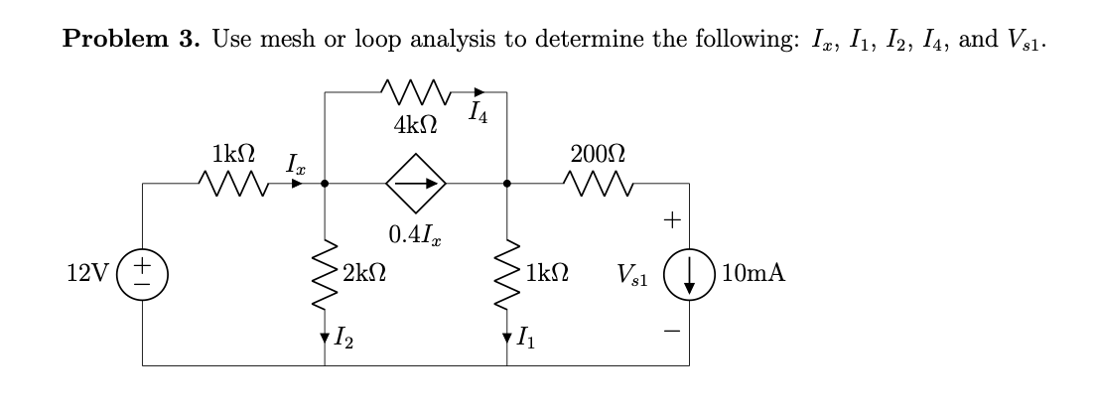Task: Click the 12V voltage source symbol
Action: [x=143, y=273]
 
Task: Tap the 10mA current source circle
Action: [x=689, y=274]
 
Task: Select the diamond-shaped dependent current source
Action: [x=416, y=184]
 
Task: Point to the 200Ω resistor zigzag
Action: [x=599, y=184]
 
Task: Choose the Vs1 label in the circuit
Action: [x=632, y=275]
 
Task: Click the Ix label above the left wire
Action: [x=295, y=163]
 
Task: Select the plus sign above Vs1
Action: [x=672, y=221]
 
